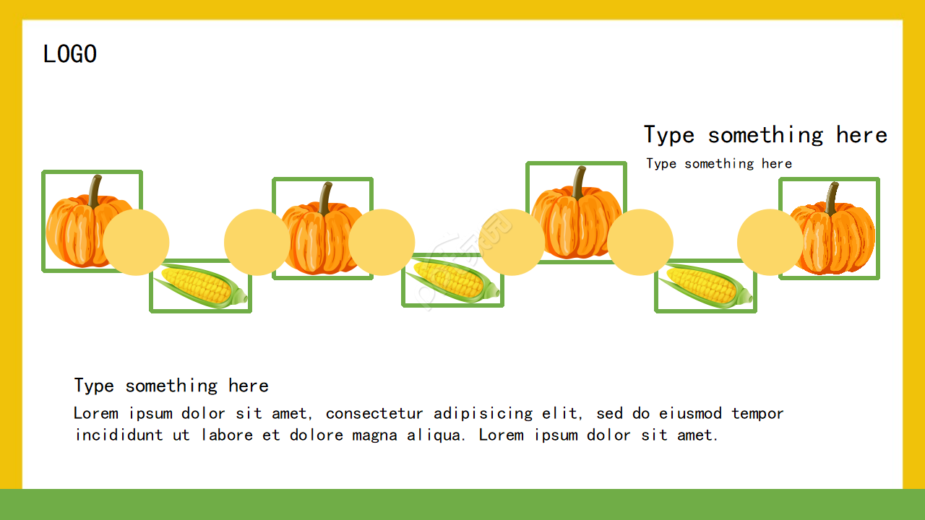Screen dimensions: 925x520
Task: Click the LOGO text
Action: (70, 54)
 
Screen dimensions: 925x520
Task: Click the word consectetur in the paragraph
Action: (374, 414)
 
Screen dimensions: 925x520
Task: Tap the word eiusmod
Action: (690, 414)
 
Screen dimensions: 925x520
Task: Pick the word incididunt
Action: (119, 435)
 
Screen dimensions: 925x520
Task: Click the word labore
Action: (227, 435)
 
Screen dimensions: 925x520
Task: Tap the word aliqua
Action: (436, 435)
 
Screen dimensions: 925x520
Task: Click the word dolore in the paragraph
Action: (317, 435)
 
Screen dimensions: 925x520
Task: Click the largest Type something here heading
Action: (765, 135)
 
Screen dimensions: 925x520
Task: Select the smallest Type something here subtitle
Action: (719, 164)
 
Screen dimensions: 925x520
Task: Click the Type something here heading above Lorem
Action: (171, 386)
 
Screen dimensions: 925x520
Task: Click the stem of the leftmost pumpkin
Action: (95, 191)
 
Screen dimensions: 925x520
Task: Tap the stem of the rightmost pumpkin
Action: (832, 199)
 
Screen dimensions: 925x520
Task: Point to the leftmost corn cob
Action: (201, 285)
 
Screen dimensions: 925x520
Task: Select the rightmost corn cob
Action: (705, 285)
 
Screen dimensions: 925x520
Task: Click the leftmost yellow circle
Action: (136, 242)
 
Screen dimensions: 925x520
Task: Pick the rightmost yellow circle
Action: (770, 242)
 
